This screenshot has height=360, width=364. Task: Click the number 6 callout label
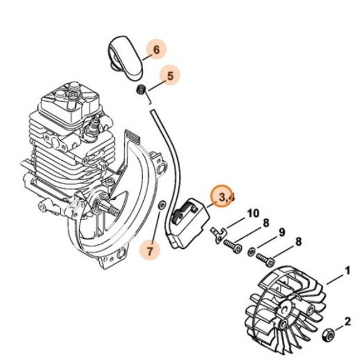pos(156,48)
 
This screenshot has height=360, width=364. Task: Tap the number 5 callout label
pos(169,76)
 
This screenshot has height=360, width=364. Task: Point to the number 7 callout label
pos(150,251)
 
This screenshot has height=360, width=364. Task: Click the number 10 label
pos(252,213)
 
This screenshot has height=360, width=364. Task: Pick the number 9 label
pos(282,232)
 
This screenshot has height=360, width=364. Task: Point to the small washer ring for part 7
pos(162,204)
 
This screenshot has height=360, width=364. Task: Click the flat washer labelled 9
pos(251,253)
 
